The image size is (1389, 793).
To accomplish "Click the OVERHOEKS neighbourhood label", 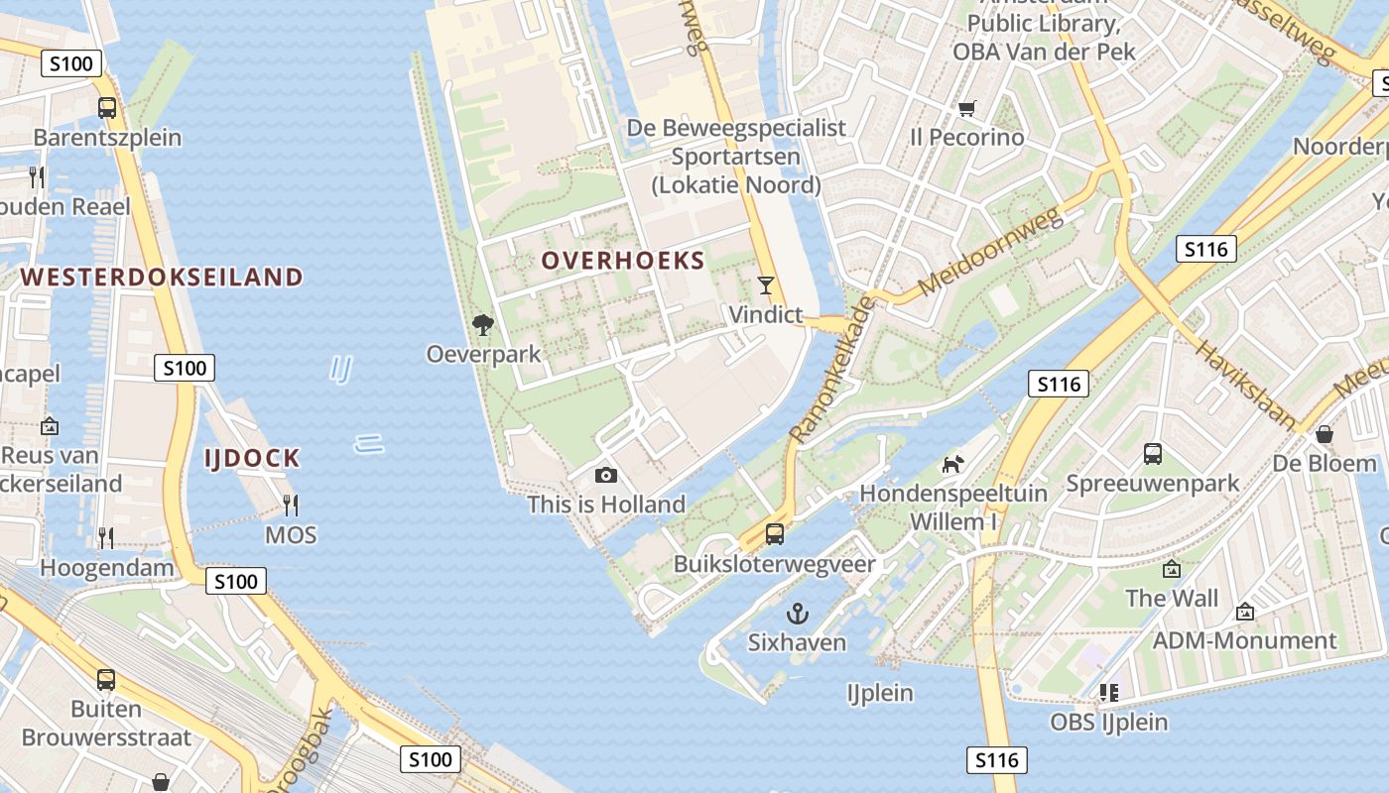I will tap(623, 262).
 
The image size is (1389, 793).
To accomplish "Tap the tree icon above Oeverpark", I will tap(483, 325).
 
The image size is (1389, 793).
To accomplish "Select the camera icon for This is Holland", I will tap(606, 476).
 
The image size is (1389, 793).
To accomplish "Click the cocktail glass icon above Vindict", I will tap(765, 285).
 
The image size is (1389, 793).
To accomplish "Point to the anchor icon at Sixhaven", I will tap(797, 614).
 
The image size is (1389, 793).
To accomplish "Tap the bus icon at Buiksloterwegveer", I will tap(775, 534).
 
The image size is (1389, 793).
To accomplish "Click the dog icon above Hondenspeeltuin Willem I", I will tap(952, 464).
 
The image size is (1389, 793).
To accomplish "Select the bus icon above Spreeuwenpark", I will tap(1152, 454).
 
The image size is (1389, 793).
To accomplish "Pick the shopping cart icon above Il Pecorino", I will tap(966, 108).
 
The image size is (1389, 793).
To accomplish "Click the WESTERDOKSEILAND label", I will tap(162, 277).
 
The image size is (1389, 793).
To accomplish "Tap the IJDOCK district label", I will tap(252, 458).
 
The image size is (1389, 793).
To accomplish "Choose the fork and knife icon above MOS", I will tap(291, 506).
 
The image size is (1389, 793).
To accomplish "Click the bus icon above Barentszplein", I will tap(107, 108).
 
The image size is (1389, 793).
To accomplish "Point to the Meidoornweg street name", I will tap(992, 252).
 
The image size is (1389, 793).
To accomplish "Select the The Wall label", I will tap(1172, 599).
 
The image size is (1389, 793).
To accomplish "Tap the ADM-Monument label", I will tap(1244, 640).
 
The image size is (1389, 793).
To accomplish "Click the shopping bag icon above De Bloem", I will tap(1325, 434).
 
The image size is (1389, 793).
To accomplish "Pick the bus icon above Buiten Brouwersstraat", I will tap(106, 680).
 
